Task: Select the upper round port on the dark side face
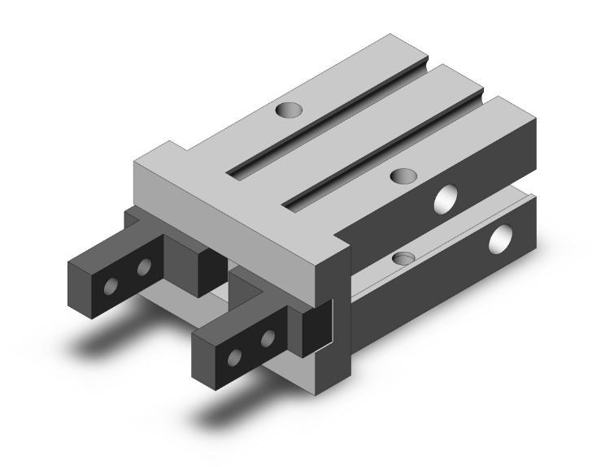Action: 446,197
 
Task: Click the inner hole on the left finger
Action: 145,267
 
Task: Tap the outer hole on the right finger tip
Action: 236,354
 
